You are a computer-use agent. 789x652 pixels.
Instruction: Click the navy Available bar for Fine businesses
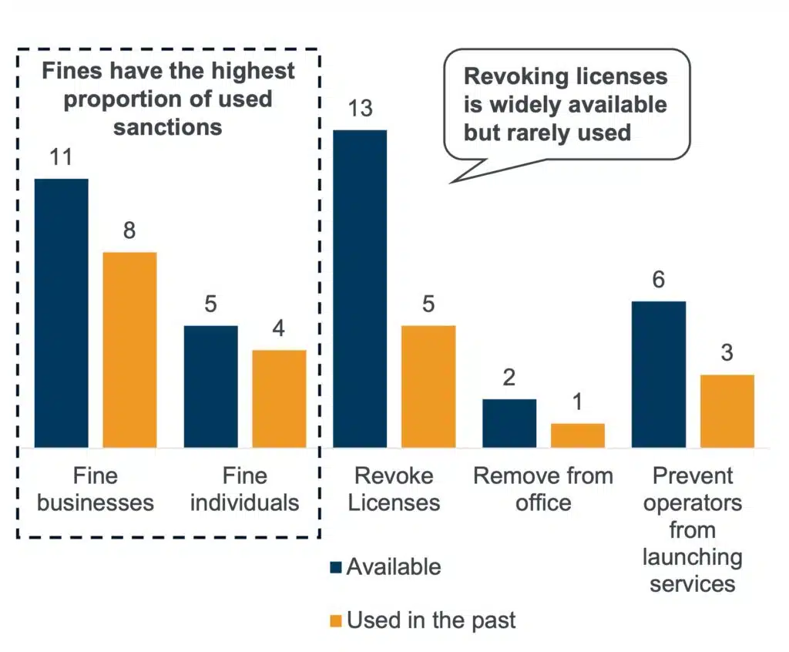(62, 313)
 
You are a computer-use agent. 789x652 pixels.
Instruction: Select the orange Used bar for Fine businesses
(129, 349)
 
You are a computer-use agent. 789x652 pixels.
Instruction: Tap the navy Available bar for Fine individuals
(211, 386)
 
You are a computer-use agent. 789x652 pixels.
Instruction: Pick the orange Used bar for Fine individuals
(279, 398)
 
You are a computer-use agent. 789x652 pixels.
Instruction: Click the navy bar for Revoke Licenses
(360, 288)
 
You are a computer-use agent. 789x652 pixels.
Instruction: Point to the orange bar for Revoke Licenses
(428, 386)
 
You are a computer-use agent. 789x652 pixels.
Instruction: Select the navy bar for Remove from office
(509, 423)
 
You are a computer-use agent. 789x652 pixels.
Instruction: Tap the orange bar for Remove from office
(578, 435)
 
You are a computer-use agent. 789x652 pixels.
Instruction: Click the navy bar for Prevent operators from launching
(659, 374)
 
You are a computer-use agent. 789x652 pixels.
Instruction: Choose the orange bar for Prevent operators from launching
(727, 411)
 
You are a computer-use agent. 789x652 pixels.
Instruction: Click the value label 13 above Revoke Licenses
(360, 109)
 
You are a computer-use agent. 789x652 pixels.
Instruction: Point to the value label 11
(61, 157)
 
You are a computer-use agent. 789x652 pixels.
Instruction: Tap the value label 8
(129, 231)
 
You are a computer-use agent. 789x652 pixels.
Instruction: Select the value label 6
(659, 280)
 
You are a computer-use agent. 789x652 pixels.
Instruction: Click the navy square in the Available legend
(335, 568)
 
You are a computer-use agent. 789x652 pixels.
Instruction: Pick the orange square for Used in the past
(335, 620)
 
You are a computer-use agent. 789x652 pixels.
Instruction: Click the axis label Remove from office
(543, 489)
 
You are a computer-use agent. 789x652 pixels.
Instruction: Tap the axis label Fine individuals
(244, 489)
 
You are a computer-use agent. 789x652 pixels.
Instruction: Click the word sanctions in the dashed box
(167, 126)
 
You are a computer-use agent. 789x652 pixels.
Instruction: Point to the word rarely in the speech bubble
(552, 132)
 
